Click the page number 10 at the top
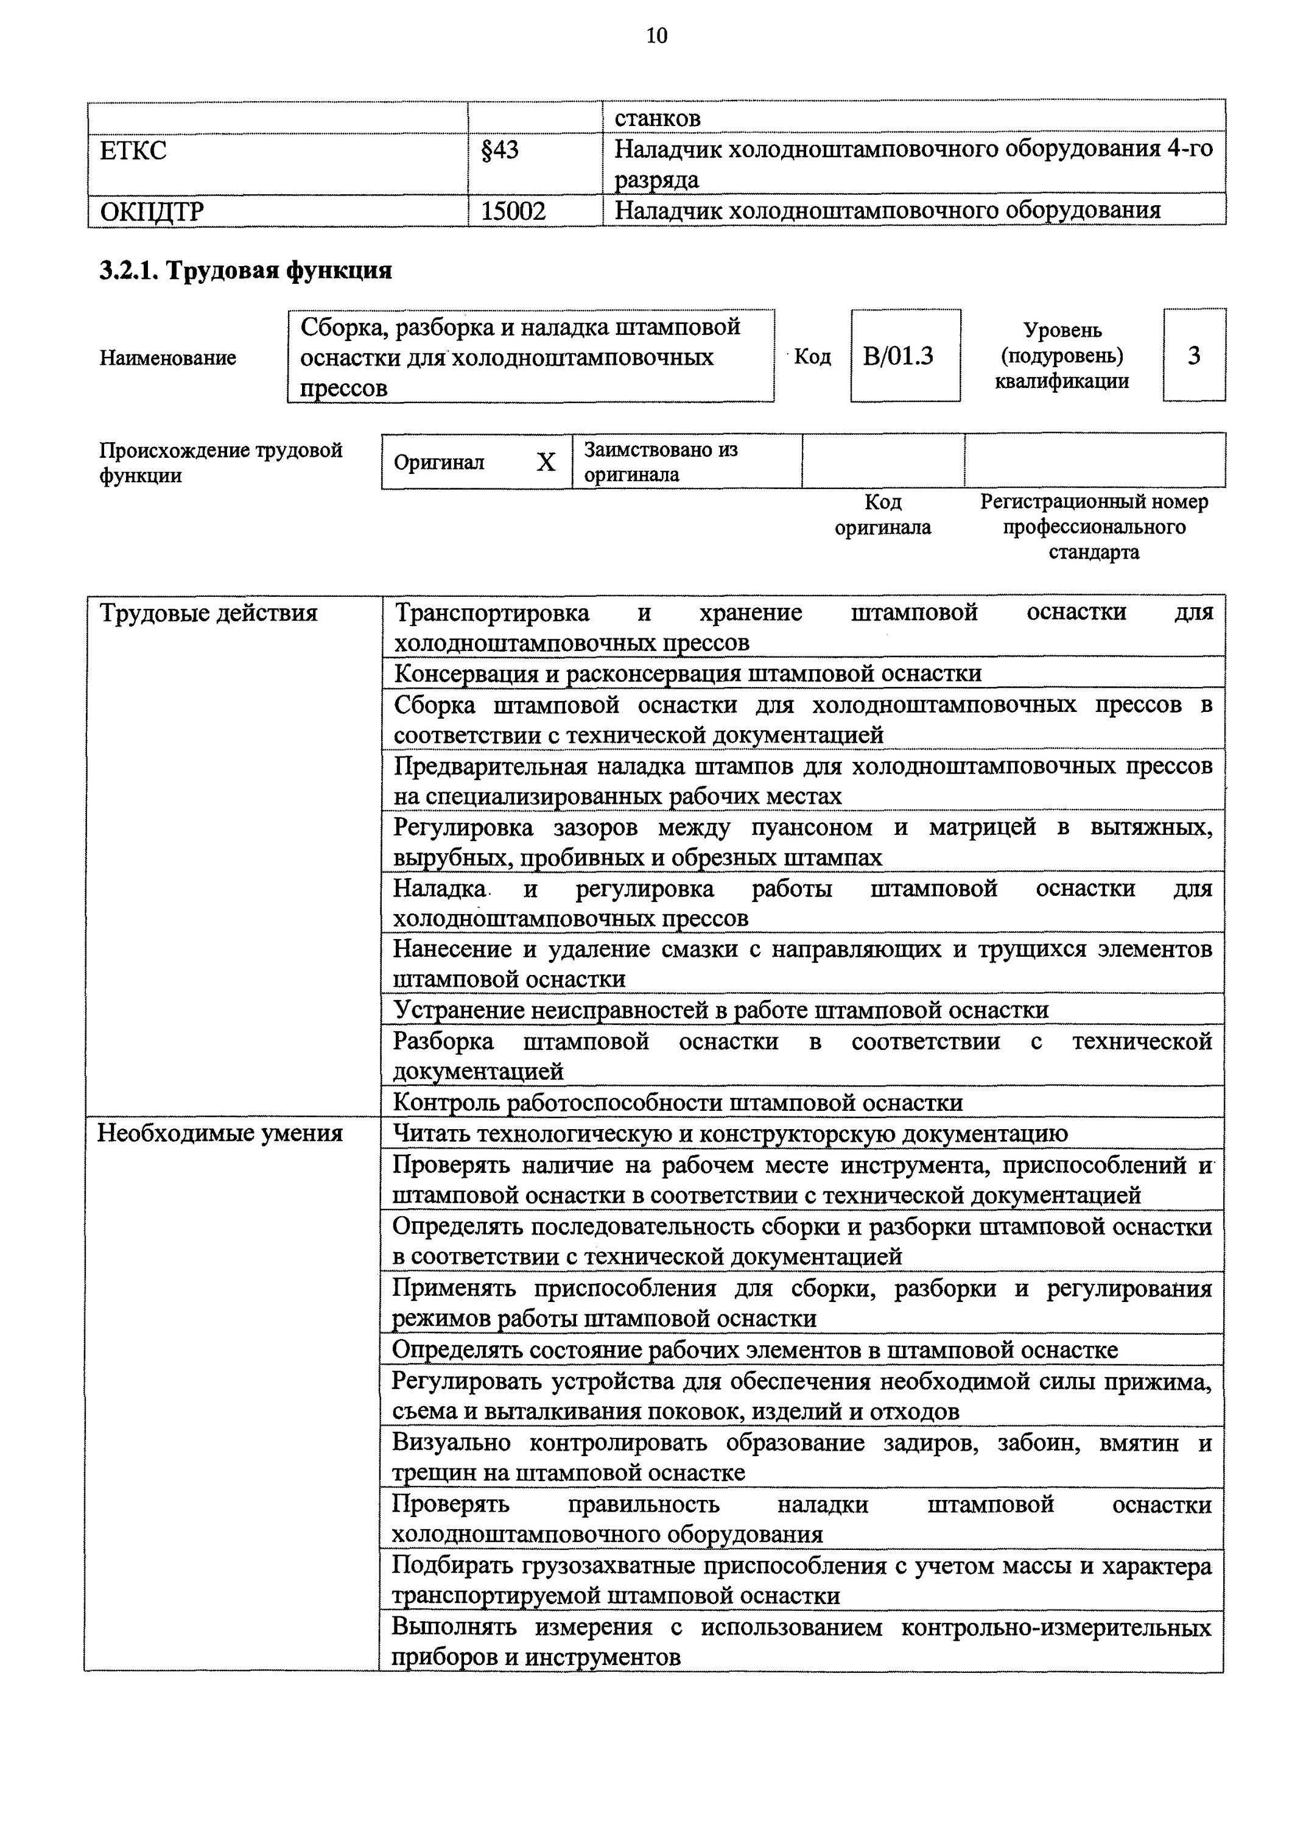point(657,36)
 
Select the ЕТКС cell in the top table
point(134,150)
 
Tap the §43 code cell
point(500,150)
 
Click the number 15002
point(513,211)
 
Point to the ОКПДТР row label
point(152,211)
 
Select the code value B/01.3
point(898,356)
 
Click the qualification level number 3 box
point(1193,356)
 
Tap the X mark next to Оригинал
point(546,462)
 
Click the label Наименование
point(168,358)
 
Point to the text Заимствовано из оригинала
point(661,462)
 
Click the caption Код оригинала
point(882,515)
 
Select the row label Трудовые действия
point(208,613)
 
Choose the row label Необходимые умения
point(220,1133)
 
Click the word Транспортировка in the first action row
point(493,613)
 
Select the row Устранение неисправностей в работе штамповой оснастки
point(721,1010)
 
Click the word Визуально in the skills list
point(451,1443)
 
